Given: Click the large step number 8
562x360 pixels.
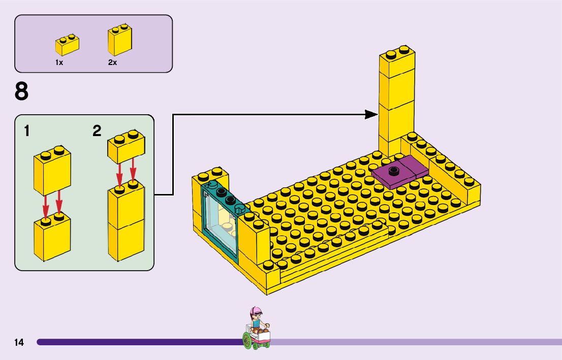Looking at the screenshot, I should coord(22,92).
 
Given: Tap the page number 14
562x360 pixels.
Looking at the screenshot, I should coord(19,343).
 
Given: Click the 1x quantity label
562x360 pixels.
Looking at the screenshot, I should coord(59,62).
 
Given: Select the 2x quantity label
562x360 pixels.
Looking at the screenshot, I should coord(112,62).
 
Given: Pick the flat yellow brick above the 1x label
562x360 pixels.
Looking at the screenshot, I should coord(67,45).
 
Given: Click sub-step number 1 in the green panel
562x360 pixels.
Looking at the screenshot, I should coord(26,131).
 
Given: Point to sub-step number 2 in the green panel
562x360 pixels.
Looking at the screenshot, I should coord(97,131).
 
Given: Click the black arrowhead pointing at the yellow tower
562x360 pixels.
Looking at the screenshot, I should coord(372,115).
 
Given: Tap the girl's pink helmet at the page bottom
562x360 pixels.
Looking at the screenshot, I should coord(256,311).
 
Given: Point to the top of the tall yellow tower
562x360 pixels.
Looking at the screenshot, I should coord(397,53).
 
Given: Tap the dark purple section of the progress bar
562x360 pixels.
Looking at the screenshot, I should coord(137,342).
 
